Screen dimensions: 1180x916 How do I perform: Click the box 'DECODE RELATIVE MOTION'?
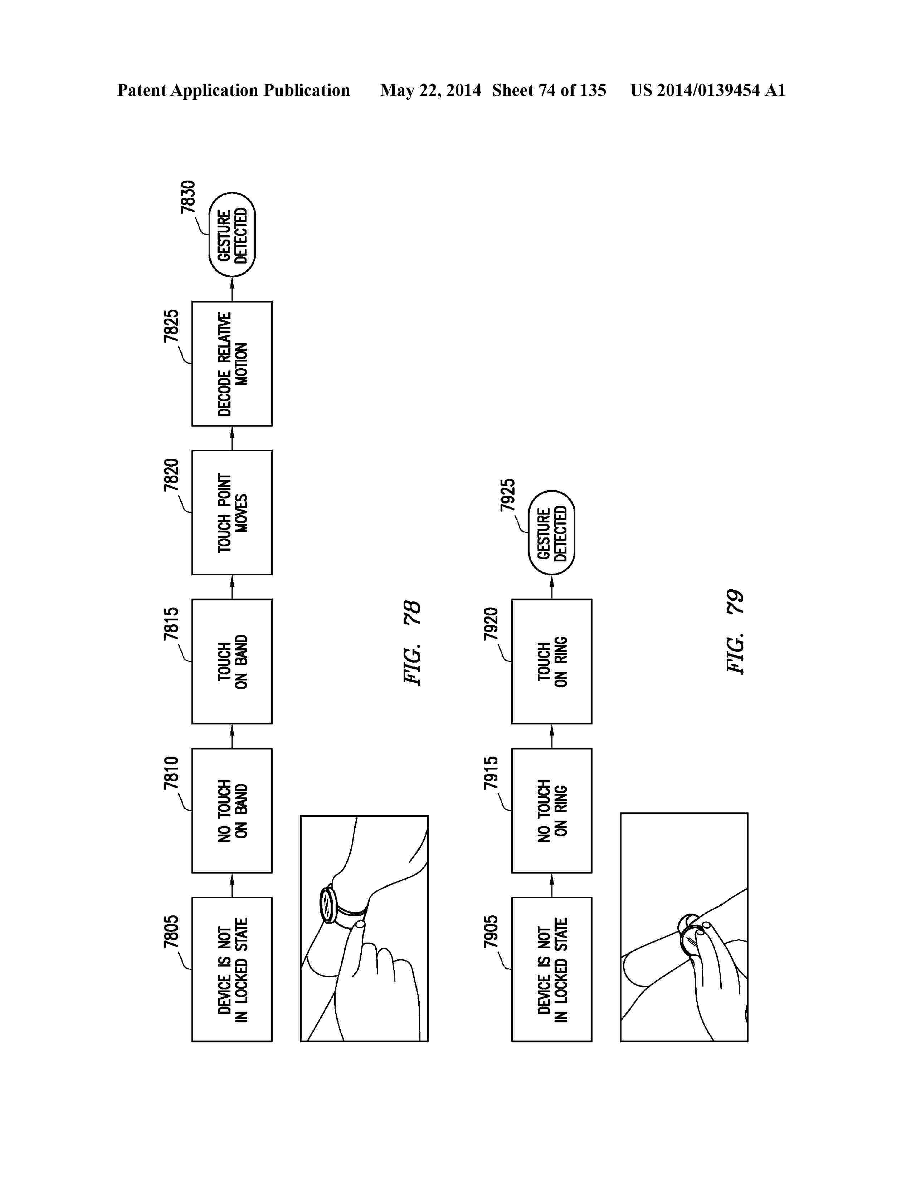pos(232,364)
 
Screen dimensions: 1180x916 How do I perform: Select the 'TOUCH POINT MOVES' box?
pos(232,512)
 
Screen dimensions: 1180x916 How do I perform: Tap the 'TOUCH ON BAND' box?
pos(232,661)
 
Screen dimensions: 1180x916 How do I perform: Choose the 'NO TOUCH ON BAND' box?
pos(232,810)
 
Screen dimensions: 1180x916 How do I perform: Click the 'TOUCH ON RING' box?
pos(551,661)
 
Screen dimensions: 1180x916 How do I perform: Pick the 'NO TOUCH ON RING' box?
pos(551,810)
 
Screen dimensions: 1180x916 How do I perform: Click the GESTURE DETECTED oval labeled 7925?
pos(551,533)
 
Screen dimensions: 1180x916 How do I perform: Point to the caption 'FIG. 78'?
pos(413,643)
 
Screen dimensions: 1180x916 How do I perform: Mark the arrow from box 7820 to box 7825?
pos(232,438)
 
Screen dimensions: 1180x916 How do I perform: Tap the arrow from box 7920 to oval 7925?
pos(551,587)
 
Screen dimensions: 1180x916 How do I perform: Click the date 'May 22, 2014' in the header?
pos(430,90)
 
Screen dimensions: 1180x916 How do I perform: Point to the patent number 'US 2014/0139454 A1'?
pos(707,90)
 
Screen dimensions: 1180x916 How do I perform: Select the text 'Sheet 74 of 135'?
pos(549,90)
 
